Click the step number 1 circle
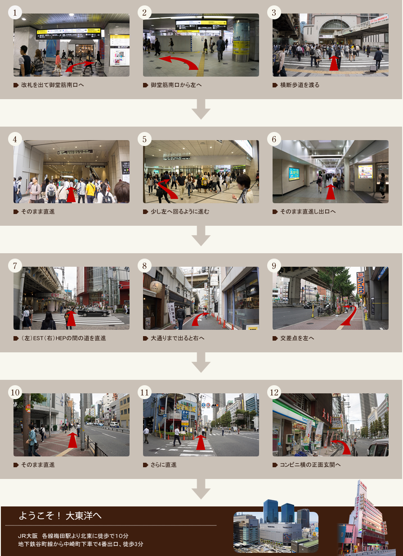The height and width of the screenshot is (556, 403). tap(15, 13)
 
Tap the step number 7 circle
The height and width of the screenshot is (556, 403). tap(15, 266)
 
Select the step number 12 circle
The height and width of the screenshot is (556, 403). tap(274, 392)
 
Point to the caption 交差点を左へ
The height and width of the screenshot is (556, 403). tap(297, 338)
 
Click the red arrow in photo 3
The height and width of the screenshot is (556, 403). tap(333, 64)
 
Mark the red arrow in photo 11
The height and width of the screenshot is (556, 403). tap(201, 442)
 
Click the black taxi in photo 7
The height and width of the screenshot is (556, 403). tap(93, 312)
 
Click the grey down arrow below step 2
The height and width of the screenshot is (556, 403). tap(201, 109)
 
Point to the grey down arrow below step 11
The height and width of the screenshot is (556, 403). tap(201, 489)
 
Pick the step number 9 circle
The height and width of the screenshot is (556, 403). tap(274, 266)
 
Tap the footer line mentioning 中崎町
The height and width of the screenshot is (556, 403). tap(81, 544)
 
